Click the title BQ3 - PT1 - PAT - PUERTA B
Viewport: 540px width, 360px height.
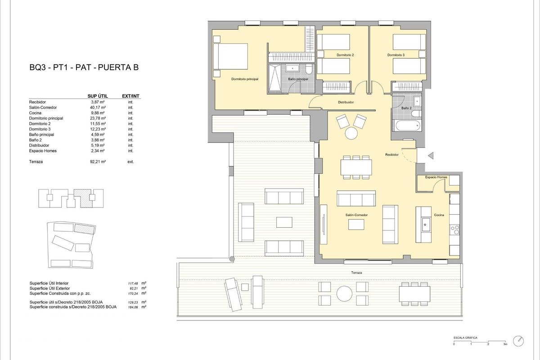click(x=84, y=68)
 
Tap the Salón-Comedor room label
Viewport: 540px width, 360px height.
click(x=356, y=215)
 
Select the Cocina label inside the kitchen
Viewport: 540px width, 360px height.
click(x=439, y=215)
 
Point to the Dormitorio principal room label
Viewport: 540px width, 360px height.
click(x=245, y=79)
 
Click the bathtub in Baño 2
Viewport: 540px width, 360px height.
click(x=406, y=124)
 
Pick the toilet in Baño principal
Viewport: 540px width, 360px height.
click(x=308, y=70)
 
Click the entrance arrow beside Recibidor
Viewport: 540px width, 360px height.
click(x=431, y=156)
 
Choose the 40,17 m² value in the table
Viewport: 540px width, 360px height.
click(x=98, y=108)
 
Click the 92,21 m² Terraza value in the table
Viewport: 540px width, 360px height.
click(x=98, y=162)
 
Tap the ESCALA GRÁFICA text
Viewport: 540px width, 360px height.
click(x=465, y=337)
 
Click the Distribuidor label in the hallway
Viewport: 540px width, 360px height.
click(x=346, y=102)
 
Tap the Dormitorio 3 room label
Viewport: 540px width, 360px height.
click(x=396, y=55)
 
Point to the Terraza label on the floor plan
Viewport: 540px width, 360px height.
click(x=357, y=273)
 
